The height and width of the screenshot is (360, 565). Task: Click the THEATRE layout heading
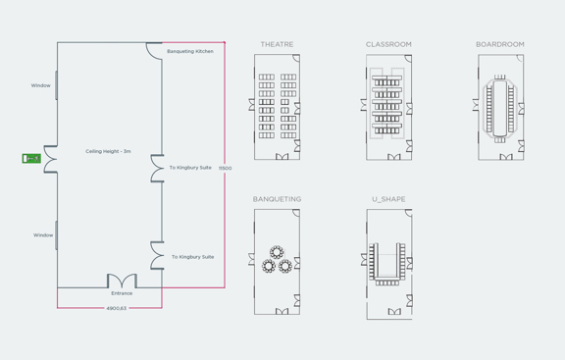pyautogui.click(x=277, y=45)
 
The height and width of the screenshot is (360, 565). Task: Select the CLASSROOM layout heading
pyautogui.click(x=388, y=45)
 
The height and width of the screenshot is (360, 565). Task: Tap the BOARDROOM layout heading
pyautogui.click(x=500, y=45)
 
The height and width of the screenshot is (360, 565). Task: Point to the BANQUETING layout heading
pyautogui.click(x=277, y=200)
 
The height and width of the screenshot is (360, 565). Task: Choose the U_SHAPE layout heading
pyautogui.click(x=388, y=200)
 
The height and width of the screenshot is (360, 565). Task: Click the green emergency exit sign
pyautogui.click(x=31, y=158)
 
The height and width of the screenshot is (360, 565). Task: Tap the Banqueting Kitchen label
pyautogui.click(x=190, y=51)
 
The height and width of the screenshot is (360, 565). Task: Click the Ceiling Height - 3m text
pyautogui.click(x=108, y=151)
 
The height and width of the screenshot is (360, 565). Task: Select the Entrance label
pyautogui.click(x=122, y=293)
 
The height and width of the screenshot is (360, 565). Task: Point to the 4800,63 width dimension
pyautogui.click(x=117, y=309)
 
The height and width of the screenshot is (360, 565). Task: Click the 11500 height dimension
pyautogui.click(x=225, y=169)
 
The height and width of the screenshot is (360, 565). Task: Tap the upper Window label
pyautogui.click(x=40, y=85)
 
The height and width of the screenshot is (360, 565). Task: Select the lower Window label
pyautogui.click(x=43, y=235)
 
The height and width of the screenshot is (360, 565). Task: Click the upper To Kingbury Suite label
pyautogui.click(x=190, y=168)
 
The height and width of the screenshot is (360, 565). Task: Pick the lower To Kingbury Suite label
pyautogui.click(x=192, y=257)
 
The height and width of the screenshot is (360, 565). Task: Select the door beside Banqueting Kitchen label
pyautogui.click(x=154, y=48)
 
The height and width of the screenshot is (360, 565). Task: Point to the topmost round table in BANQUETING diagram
pyautogui.click(x=277, y=251)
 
